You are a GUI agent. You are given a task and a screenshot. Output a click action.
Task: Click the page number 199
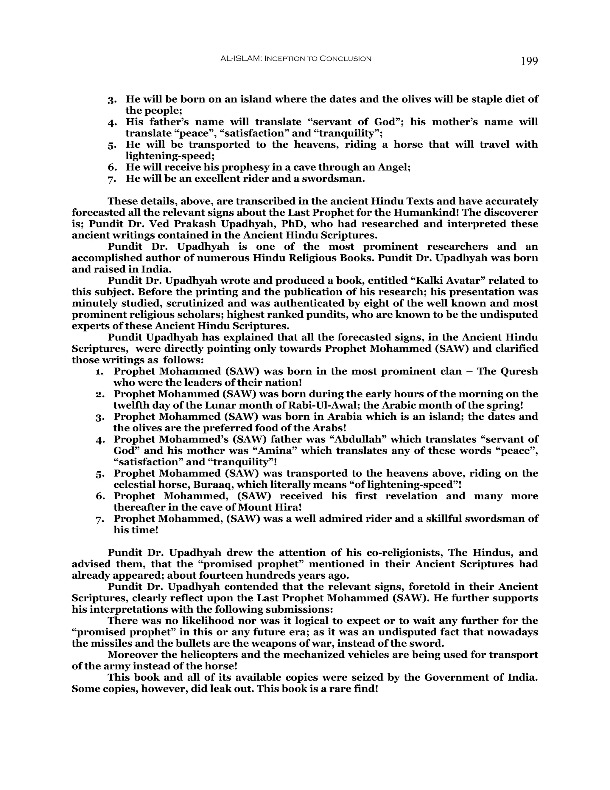point(529,61)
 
